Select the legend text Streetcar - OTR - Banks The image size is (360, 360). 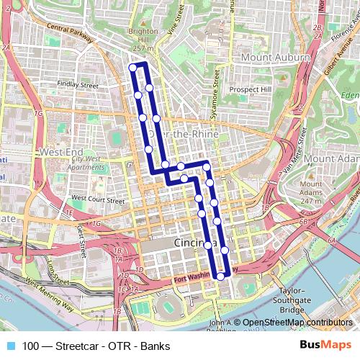click(x=94, y=346)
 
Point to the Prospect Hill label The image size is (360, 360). click(x=251, y=89)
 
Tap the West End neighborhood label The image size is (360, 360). click(x=60, y=152)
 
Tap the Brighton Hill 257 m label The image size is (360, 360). click(x=144, y=40)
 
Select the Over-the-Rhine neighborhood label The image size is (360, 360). click(x=177, y=134)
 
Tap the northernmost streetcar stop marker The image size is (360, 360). click(x=132, y=68)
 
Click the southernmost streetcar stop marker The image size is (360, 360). click(x=220, y=276)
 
